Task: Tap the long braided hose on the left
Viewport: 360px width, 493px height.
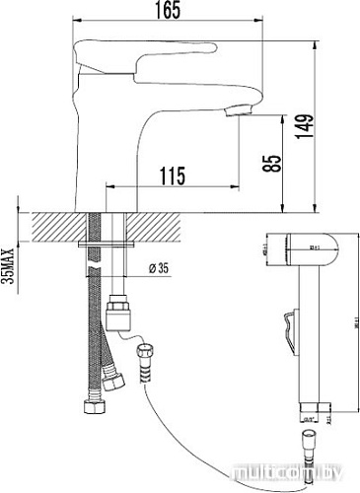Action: pyautogui.click(x=94, y=325)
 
